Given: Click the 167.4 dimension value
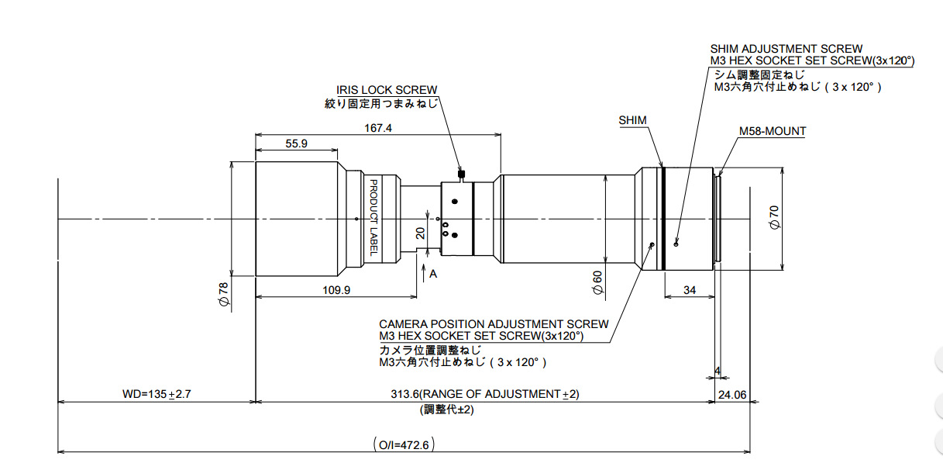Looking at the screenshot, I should tap(377, 128).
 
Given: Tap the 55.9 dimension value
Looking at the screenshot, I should tap(297, 143).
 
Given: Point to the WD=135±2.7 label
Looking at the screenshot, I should tap(157, 394).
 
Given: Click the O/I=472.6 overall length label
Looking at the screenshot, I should tap(404, 445).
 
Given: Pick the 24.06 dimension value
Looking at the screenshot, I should tap(731, 394).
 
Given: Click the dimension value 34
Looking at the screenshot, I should tap(688, 289).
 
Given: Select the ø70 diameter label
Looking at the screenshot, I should tap(773, 217).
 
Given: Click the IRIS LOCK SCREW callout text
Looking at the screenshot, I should tap(387, 90).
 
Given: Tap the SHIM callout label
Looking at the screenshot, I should tap(632, 120).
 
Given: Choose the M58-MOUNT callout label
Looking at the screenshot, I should tap(772, 131).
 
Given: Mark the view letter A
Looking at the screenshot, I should tap(433, 273).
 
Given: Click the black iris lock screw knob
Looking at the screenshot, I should tap(462, 174).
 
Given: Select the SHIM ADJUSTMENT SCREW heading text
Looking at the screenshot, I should tap(786, 49).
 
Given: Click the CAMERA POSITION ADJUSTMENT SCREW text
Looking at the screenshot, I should tap(494, 323).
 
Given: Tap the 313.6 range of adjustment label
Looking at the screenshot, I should tap(485, 394).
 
